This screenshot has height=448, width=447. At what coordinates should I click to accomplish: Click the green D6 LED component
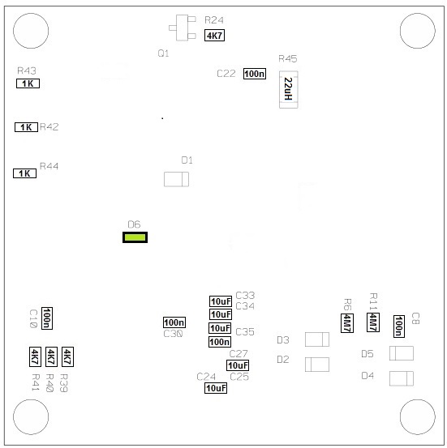(135, 237)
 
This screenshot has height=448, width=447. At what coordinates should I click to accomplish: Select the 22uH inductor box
(289, 89)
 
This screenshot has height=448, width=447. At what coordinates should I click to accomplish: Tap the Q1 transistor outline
(183, 28)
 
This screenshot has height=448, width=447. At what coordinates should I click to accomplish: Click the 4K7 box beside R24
(214, 36)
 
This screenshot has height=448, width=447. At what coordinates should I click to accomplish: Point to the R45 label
(288, 59)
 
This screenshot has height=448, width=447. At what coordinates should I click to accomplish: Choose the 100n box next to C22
(255, 74)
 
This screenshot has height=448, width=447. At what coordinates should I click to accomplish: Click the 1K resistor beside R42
(26, 127)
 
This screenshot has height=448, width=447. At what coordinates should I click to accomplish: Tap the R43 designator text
(27, 70)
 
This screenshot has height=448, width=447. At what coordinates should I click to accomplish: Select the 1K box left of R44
(24, 173)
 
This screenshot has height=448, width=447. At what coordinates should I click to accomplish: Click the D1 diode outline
(176, 179)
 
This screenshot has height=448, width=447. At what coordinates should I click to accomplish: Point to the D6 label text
(134, 224)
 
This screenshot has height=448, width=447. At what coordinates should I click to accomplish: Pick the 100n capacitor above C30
(174, 322)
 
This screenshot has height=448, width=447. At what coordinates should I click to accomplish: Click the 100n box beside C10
(47, 318)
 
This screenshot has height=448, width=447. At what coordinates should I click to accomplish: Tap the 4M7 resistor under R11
(373, 322)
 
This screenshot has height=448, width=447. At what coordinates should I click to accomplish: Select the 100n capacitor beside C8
(399, 326)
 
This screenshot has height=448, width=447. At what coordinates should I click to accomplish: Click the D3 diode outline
(317, 339)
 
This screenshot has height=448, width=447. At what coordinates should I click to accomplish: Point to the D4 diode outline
(402, 378)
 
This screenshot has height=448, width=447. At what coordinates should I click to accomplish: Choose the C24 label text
(206, 377)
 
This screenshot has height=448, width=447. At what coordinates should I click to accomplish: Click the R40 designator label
(49, 383)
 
